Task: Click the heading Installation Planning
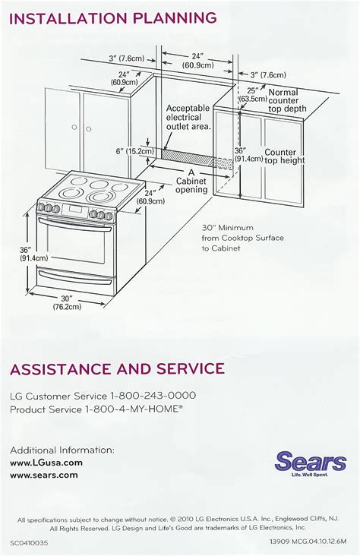(114, 17)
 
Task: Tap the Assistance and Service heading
(117, 370)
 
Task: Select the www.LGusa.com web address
(46, 462)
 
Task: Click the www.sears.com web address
(44, 475)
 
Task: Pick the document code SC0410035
(31, 543)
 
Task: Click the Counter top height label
(285, 156)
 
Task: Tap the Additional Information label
(62, 450)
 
